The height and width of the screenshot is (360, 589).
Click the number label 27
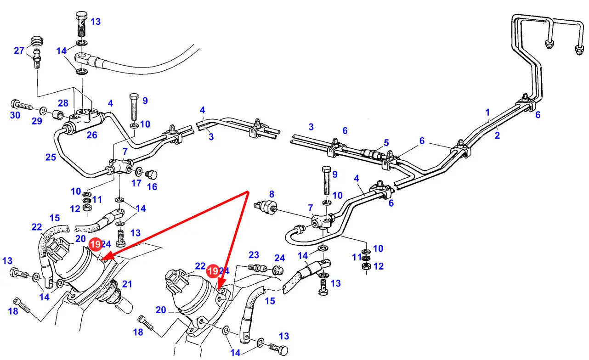(x=19, y=51)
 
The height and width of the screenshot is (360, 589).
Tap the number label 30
(x=15, y=115)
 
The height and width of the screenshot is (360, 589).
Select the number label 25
(x=51, y=157)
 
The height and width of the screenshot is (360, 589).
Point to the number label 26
(x=92, y=135)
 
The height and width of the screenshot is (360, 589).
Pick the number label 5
(x=386, y=142)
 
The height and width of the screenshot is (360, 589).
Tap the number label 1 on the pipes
(x=487, y=112)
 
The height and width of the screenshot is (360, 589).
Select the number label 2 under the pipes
(x=497, y=135)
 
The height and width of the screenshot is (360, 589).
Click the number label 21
(x=127, y=284)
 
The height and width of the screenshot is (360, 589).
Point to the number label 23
(x=254, y=255)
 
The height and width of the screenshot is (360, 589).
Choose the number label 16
(x=152, y=186)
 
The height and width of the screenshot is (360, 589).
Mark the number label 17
(x=136, y=183)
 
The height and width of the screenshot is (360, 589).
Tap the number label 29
(x=37, y=121)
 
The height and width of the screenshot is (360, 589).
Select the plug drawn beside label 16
(x=151, y=174)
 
